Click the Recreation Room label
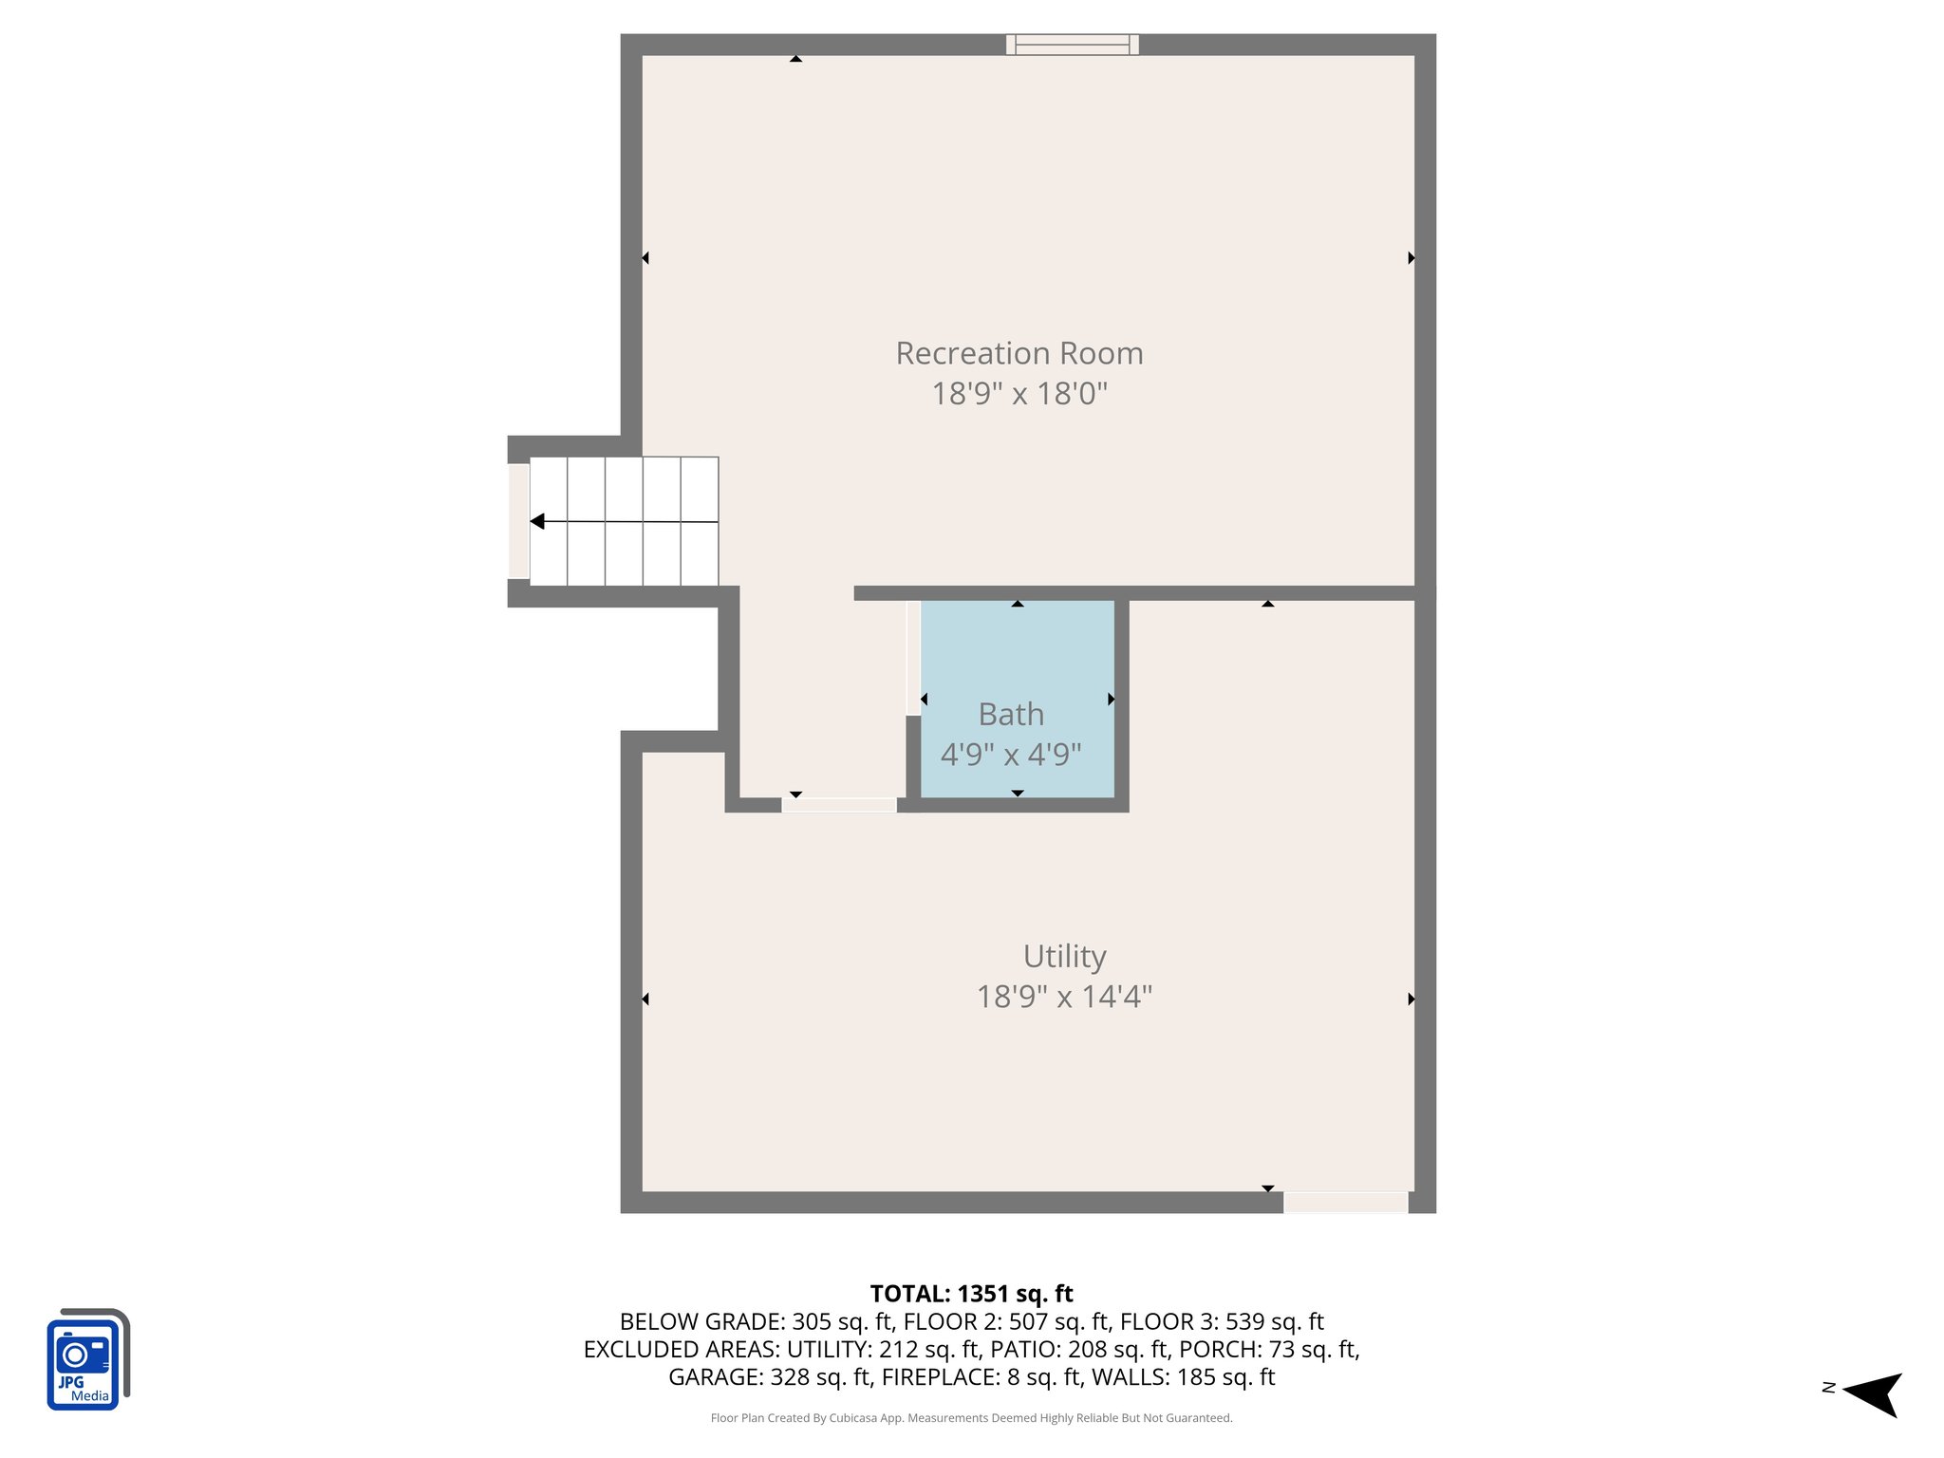(1019, 353)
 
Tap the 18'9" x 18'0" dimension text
(1019, 393)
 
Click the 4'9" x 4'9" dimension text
(1011, 755)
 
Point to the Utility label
(1064, 956)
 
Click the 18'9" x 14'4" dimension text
(1064, 997)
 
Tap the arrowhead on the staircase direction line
(537, 521)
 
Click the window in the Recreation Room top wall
(1072, 45)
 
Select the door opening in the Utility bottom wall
(1345, 1203)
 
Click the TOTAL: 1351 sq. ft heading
(971, 1294)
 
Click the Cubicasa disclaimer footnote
(971, 1418)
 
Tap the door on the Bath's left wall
(913, 658)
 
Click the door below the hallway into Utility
(839, 805)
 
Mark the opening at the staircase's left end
(518, 520)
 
